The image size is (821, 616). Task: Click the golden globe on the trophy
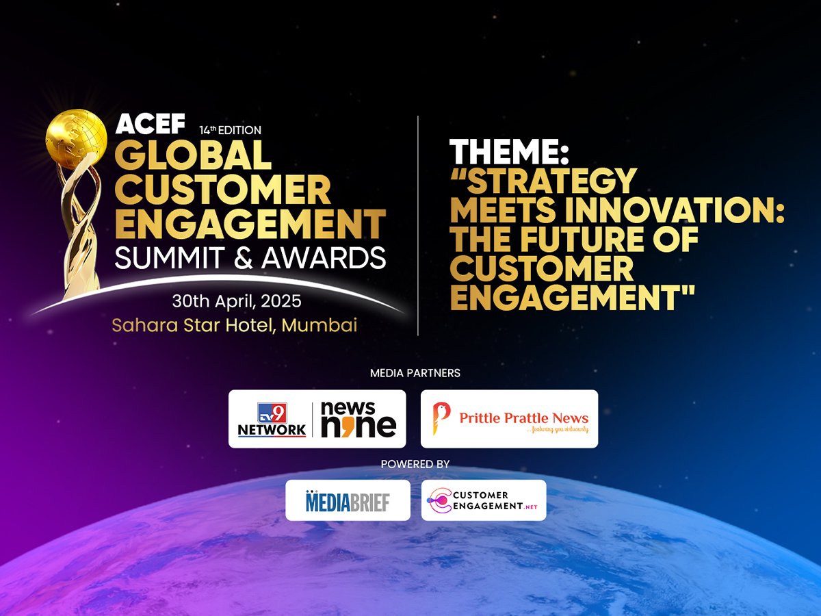coord(77,140)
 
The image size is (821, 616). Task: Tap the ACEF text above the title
coord(151,123)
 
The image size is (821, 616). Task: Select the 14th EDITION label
coord(230,130)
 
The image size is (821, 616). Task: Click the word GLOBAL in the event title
coord(193,155)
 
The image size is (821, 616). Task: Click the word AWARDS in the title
coord(324,258)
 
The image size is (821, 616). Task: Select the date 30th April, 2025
coord(237,301)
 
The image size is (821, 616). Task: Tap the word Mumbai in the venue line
coord(320,325)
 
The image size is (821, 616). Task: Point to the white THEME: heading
coord(509,151)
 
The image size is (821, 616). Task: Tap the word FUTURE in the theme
coord(576,239)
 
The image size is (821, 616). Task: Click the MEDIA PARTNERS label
coord(415,373)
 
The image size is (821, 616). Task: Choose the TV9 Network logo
coord(272,420)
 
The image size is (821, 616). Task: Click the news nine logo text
coord(359,420)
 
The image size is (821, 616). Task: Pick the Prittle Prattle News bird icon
coord(441,418)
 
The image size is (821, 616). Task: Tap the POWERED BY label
coord(415,464)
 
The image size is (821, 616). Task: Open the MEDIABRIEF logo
coord(348,501)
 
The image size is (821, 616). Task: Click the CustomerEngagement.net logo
coord(484,500)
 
